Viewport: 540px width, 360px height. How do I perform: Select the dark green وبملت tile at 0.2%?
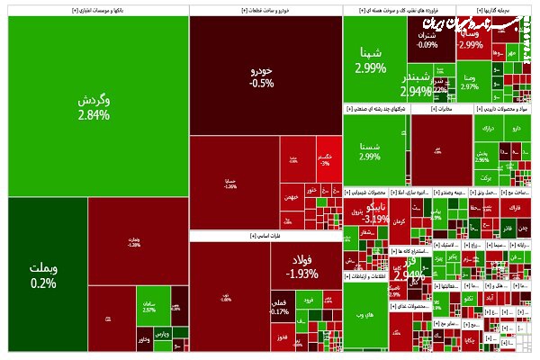(x=43, y=274)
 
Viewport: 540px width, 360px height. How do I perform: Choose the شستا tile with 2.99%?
(x=369, y=149)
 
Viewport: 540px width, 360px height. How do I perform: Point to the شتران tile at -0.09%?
(x=427, y=40)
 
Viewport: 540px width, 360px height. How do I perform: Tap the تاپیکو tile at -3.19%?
(x=373, y=212)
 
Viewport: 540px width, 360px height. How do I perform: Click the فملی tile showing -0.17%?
(x=280, y=307)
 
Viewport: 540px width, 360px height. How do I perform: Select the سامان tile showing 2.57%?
(x=148, y=309)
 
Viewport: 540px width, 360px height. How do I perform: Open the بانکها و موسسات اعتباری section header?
(x=94, y=11)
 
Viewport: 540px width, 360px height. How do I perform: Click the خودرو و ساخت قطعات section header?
(x=265, y=11)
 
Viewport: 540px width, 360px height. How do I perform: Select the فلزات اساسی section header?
(x=265, y=236)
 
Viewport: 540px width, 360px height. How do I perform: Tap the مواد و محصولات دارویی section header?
(x=503, y=108)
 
